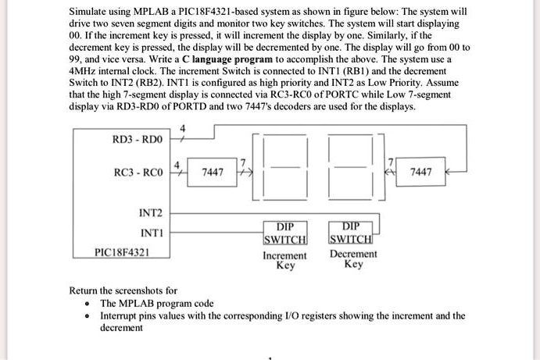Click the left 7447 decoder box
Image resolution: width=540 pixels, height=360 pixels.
[x=212, y=172]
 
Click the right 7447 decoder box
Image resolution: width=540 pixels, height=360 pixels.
[x=420, y=172]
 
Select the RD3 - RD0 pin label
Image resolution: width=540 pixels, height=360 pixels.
[x=138, y=139]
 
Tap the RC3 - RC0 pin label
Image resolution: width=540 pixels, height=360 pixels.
[x=138, y=172]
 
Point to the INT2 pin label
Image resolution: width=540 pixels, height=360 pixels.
[x=151, y=213]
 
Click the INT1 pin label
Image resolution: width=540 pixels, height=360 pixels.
[x=152, y=233]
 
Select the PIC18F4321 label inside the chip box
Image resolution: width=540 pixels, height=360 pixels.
[x=122, y=252]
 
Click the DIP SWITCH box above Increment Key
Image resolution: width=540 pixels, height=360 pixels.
[x=285, y=233]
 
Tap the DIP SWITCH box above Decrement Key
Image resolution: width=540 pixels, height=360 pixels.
[x=351, y=233]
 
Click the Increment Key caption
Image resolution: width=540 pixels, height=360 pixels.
[x=284, y=261]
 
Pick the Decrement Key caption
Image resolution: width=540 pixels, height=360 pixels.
[x=353, y=258]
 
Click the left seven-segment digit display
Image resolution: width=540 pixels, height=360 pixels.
[x=285, y=167]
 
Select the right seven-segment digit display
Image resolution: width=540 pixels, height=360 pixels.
[x=351, y=167]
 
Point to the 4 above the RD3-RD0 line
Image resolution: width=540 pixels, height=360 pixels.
[x=183, y=128]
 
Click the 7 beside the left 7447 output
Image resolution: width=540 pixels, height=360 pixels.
[x=243, y=162]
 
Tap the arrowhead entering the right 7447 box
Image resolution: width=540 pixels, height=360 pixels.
[x=448, y=171]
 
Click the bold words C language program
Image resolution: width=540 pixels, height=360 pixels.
[x=227, y=59]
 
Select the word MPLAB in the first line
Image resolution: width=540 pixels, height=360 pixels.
[x=151, y=12]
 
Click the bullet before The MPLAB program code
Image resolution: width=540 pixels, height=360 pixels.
[x=88, y=304]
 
